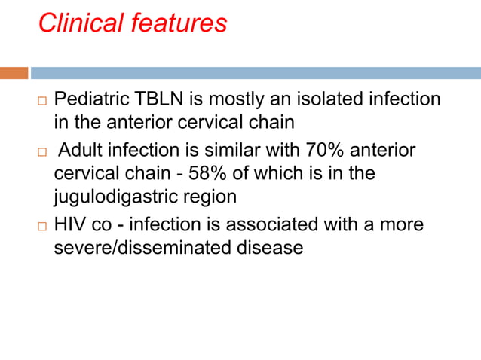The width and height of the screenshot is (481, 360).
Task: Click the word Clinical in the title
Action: [x=81, y=23]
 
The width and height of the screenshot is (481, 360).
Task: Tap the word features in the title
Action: [x=179, y=23]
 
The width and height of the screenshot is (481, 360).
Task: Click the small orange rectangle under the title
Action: [x=14, y=73]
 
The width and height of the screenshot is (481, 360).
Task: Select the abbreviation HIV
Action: [x=71, y=224]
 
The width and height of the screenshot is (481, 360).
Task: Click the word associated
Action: [x=288, y=224]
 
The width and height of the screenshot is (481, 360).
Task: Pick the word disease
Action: [x=274, y=247]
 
